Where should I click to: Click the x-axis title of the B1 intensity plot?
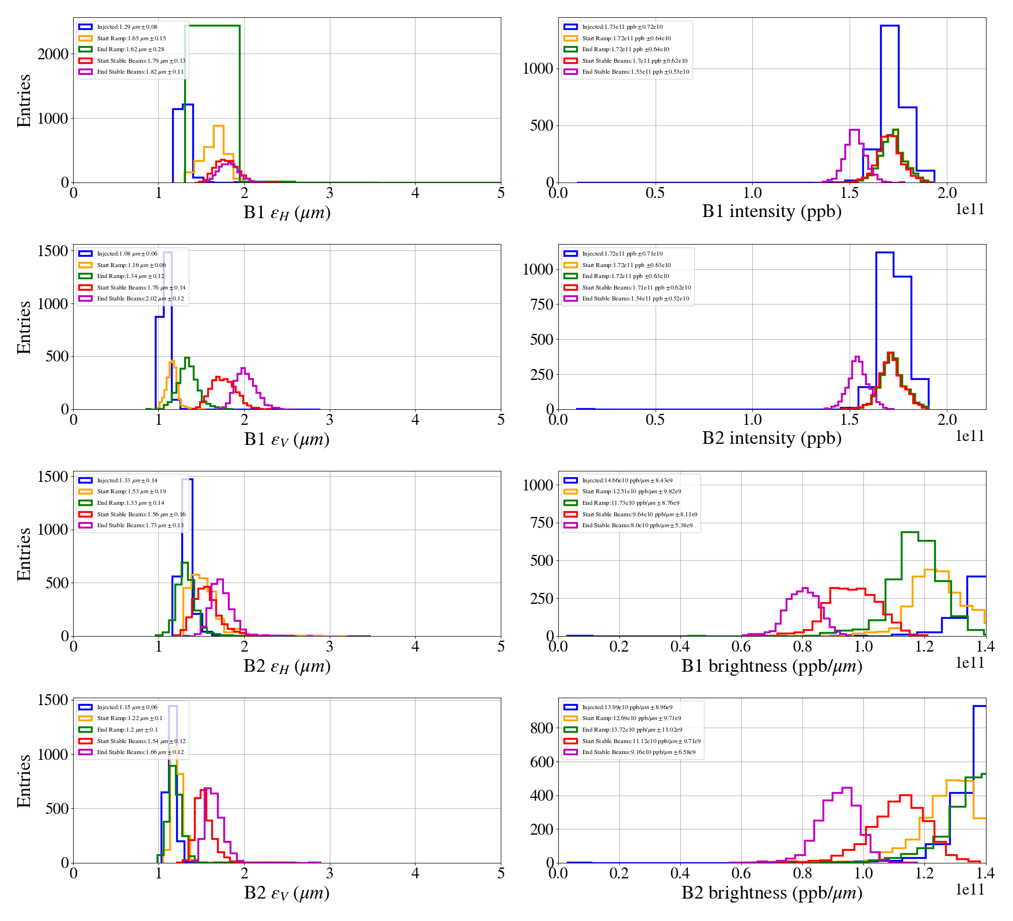tap(771, 212)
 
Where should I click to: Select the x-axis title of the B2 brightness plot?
tap(771, 893)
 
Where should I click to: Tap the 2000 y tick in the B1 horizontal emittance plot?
tap(53, 54)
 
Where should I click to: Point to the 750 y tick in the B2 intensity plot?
tap(541, 305)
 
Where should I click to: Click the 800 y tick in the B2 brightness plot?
tap(541, 728)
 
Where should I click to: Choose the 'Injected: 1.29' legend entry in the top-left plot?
tap(127, 27)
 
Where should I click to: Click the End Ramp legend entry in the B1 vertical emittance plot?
tap(130, 276)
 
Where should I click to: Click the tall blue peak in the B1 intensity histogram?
tap(889, 26)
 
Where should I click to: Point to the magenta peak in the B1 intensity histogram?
tap(854, 131)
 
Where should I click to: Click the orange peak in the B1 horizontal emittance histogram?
tap(218, 127)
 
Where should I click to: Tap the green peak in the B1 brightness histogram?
tap(909, 533)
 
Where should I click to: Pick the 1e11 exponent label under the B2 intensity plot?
tap(970, 436)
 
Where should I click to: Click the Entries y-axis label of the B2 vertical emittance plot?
tap(24, 781)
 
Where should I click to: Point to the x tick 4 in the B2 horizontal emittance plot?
tap(415, 646)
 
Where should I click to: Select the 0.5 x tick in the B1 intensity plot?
tap(655, 193)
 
